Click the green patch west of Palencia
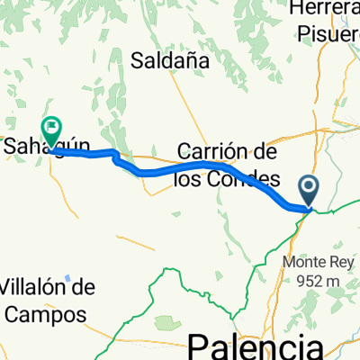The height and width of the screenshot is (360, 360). pos(164,321)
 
